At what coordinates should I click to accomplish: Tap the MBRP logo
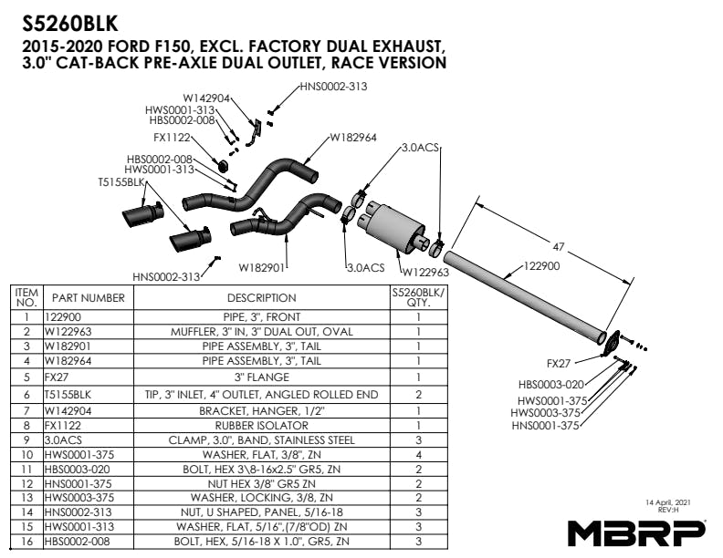(637, 532)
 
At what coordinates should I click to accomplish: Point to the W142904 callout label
(206, 98)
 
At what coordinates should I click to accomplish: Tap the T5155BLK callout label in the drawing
(121, 181)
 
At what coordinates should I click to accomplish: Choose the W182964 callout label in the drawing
(353, 138)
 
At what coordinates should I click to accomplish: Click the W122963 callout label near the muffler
(425, 272)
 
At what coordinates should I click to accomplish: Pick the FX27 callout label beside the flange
(559, 362)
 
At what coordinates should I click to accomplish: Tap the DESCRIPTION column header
(262, 297)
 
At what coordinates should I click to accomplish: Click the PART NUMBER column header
(89, 297)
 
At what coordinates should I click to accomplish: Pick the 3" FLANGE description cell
(262, 377)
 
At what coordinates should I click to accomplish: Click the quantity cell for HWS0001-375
(417, 454)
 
